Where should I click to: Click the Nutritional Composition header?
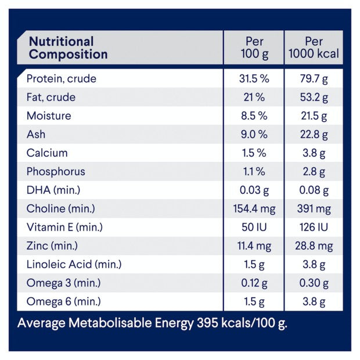(x=68, y=48)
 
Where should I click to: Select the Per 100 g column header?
(x=253, y=48)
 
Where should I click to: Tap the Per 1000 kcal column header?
(x=314, y=48)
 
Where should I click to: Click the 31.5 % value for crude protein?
(x=253, y=78)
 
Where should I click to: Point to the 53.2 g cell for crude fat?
(x=314, y=97)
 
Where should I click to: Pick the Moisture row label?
(x=49, y=116)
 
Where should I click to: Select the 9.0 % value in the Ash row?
(x=253, y=134)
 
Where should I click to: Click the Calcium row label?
(x=47, y=153)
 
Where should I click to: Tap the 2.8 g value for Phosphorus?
(x=314, y=171)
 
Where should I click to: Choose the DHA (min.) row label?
(x=53, y=190)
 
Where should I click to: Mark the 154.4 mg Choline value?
(x=253, y=208)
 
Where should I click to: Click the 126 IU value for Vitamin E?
(x=314, y=227)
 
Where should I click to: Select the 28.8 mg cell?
(x=314, y=246)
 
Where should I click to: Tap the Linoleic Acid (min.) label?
(x=74, y=265)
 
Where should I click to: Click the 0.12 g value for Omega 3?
(x=253, y=283)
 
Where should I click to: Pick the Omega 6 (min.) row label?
(x=63, y=302)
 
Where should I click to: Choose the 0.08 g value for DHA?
(x=314, y=190)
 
